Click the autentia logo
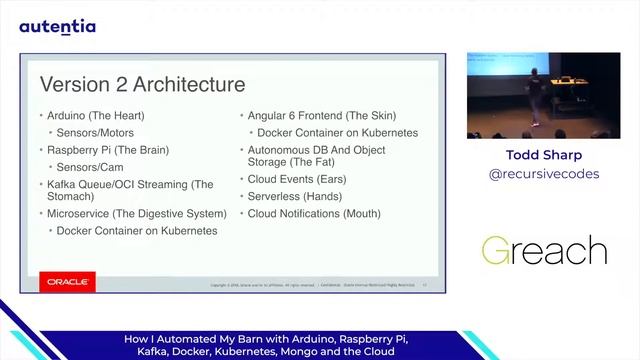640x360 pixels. coord(57,26)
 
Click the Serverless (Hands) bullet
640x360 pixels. coord(295,196)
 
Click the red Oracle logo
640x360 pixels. coord(68,283)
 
